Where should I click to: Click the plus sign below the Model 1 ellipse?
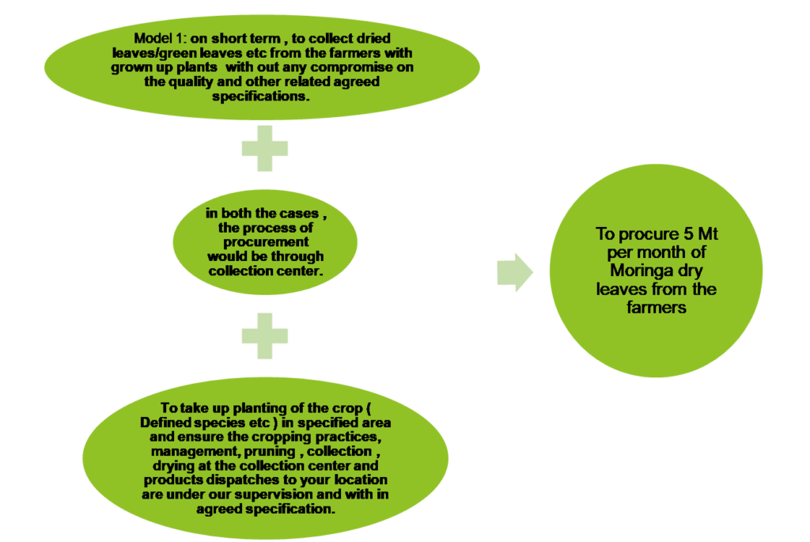265,149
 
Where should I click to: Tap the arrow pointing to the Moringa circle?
515,271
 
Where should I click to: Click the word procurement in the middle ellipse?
265,242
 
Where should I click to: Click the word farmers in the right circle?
656,308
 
